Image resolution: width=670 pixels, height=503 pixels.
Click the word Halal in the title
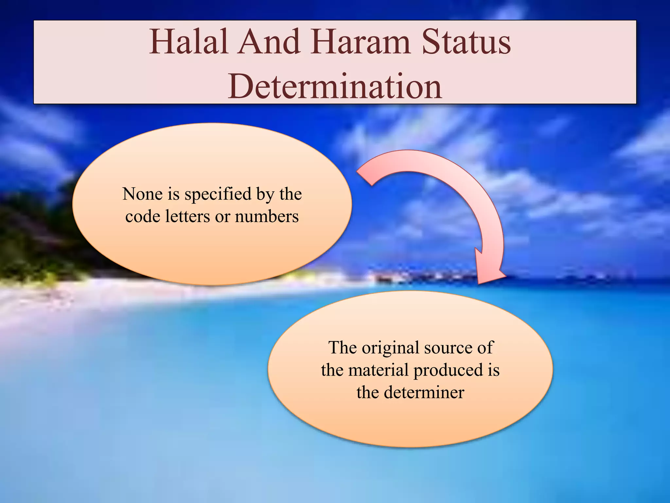click(188, 43)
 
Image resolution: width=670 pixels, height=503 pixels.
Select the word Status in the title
click(466, 43)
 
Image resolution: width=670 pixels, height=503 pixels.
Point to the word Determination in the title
click(335, 87)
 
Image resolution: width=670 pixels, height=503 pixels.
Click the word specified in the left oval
click(218, 194)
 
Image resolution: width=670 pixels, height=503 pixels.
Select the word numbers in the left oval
click(267, 216)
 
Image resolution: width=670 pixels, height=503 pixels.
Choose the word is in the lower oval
click(493, 370)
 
